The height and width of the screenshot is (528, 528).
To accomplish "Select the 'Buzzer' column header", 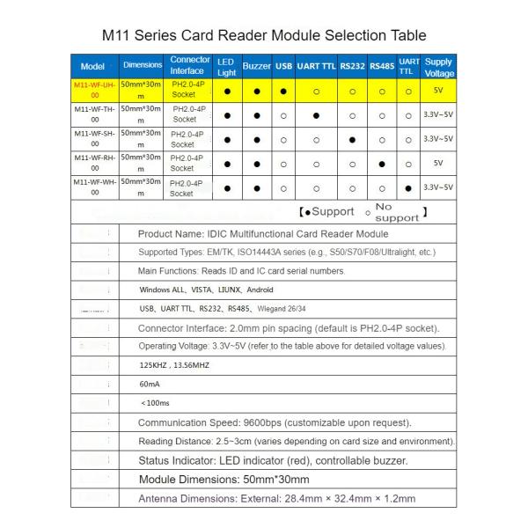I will [256, 67].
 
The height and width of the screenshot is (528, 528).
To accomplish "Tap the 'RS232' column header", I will [352, 67].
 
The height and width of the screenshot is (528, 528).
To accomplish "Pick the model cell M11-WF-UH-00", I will [93, 91].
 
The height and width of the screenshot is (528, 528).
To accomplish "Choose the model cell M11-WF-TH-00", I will [93, 114].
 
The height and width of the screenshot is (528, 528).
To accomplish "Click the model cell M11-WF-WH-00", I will [93, 187].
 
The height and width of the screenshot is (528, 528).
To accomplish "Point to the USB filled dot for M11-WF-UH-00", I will [283, 91].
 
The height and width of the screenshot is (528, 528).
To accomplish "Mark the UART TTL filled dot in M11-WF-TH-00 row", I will [315, 114].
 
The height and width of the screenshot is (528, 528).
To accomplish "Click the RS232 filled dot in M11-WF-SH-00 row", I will [352, 139].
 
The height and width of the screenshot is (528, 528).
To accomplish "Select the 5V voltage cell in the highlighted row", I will [438, 91].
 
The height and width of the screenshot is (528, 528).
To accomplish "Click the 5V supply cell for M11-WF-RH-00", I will [438, 163].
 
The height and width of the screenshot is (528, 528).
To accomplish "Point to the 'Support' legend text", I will [330, 212].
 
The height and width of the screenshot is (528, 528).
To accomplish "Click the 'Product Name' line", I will [263, 234].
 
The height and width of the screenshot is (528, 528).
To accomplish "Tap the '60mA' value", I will [150, 384].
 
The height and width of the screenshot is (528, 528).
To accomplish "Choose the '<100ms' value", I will [154, 403].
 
